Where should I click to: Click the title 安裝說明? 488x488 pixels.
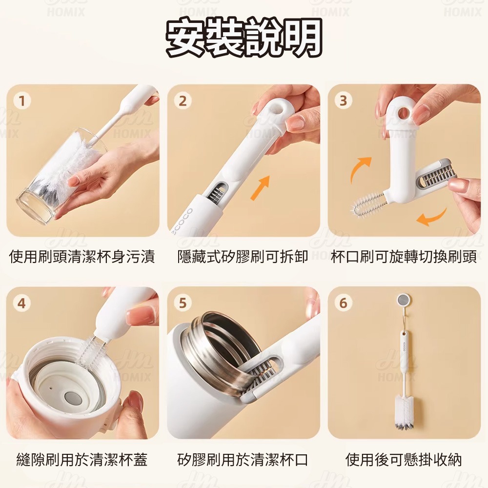click(244, 38)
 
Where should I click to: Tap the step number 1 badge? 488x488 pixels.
click(22, 101)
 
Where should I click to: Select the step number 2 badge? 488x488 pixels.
click(183, 101)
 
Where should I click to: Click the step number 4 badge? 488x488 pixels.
click(22, 303)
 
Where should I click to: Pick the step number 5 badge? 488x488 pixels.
click(183, 303)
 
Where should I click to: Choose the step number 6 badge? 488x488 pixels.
click(343, 303)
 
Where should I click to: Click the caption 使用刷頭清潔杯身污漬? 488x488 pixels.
click(82, 257)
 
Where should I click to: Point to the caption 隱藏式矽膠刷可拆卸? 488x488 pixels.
click(243, 257)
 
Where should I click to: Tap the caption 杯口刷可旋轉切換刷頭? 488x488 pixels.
click(404, 257)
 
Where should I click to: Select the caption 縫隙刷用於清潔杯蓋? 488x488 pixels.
click(82, 459)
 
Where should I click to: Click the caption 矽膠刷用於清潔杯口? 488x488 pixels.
click(243, 459)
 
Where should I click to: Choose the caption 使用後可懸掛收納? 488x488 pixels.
click(404, 459)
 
